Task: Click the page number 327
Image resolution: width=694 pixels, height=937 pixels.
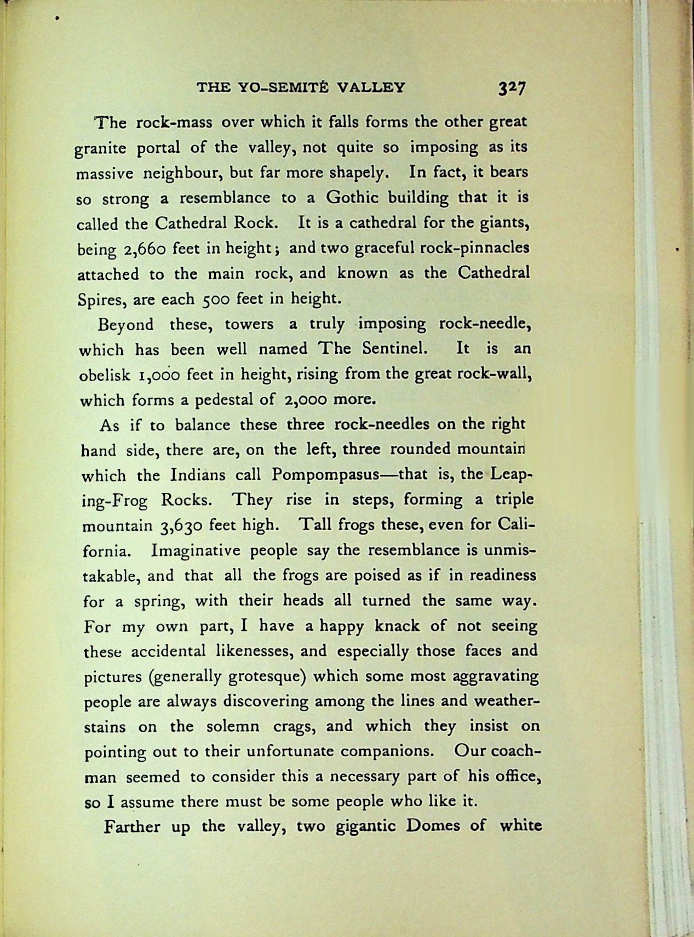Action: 512,88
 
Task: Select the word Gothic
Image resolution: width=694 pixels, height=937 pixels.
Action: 351,197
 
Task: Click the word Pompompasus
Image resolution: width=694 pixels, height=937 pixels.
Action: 326,474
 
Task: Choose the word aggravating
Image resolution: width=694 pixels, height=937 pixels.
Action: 496,676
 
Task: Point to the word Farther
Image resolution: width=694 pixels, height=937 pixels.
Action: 131,826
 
